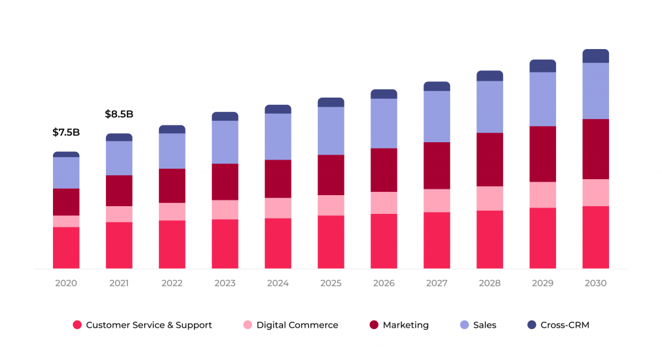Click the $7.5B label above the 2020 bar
[66, 132]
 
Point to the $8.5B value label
[119, 114]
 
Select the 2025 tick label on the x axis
[331, 283]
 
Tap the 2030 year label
[595, 283]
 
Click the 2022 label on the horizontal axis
[172, 283]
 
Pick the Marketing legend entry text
[405, 325]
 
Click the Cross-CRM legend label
[564, 325]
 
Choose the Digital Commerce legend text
[297, 325]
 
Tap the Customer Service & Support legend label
[149, 325]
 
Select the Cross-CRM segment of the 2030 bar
[595, 56]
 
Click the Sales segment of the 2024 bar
[278, 136]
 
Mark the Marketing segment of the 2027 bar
[437, 165]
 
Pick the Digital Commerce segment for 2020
[66, 221]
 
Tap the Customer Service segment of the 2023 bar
[225, 244]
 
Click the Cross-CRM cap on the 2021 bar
[119, 138]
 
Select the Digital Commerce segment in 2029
[542, 195]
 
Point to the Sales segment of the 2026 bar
[384, 123]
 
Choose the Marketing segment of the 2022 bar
[172, 185]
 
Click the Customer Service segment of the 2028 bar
[489, 239]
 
